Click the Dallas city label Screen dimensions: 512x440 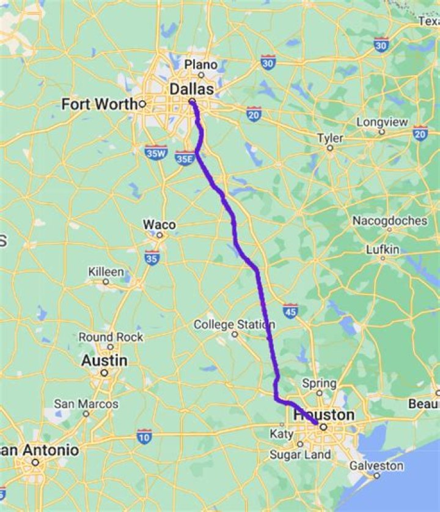192,89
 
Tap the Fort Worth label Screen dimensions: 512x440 99,104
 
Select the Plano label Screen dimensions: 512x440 200,64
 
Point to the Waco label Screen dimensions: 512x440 159,225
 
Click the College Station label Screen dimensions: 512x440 234,324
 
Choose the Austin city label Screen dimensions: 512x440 105,361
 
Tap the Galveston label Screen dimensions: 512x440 376,466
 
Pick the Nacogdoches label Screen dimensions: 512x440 389,221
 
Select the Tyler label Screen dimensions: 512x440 329,138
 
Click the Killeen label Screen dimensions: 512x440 106,271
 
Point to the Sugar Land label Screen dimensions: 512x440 300,455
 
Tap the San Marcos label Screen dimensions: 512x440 86,404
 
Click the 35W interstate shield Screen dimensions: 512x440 156,153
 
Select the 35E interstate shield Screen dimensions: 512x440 185,158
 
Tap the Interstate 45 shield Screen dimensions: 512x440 290,311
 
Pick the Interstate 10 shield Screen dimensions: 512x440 144,436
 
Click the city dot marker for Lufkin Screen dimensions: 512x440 383,258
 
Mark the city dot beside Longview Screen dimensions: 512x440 382,131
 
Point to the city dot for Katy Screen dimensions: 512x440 282,425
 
